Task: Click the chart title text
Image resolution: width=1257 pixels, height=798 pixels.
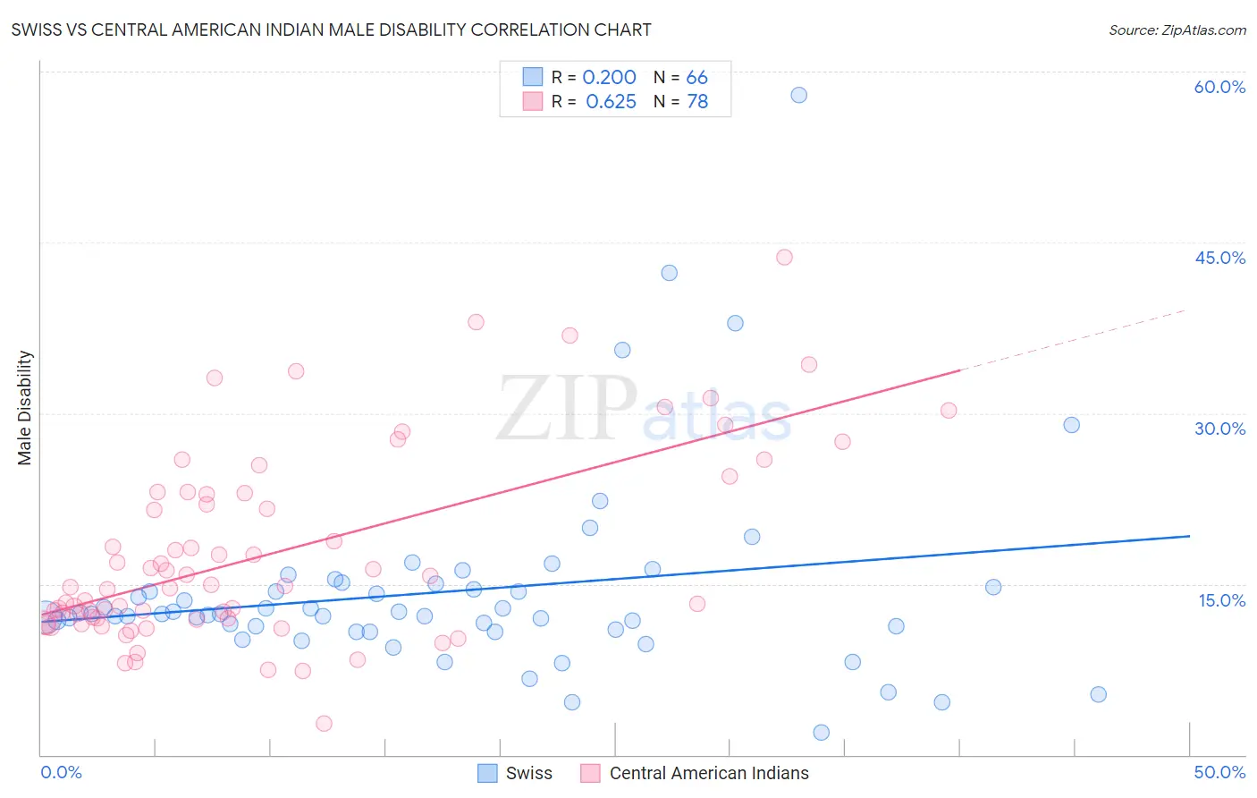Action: click(331, 30)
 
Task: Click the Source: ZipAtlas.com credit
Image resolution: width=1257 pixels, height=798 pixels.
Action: click(1177, 30)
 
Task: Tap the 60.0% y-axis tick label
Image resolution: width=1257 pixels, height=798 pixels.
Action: click(1219, 87)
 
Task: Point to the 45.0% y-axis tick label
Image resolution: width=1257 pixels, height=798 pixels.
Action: click(1219, 258)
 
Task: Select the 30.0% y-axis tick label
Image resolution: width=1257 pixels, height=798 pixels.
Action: click(1219, 429)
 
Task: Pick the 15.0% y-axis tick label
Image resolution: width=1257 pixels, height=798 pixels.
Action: click(1221, 600)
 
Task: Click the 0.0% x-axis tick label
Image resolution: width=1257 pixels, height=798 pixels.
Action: click(61, 772)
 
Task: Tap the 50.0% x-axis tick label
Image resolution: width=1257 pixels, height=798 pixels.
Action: click(1219, 772)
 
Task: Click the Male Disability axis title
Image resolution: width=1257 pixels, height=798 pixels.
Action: click(25, 407)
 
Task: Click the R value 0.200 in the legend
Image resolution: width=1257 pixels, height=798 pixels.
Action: click(609, 78)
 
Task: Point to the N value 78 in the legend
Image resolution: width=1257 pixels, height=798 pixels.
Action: click(697, 102)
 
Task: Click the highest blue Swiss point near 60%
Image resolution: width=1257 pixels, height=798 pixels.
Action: click(799, 95)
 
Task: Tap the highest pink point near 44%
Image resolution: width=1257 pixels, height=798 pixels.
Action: click(784, 258)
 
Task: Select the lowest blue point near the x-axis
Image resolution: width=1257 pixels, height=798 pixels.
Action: click(822, 733)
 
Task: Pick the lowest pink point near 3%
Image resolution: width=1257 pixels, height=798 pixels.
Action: click(324, 723)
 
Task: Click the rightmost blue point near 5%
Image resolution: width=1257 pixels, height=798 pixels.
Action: click(1099, 694)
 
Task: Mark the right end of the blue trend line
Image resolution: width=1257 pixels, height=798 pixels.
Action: click(1189, 536)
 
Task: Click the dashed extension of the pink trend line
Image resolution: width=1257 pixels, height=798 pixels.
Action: click(1073, 340)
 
